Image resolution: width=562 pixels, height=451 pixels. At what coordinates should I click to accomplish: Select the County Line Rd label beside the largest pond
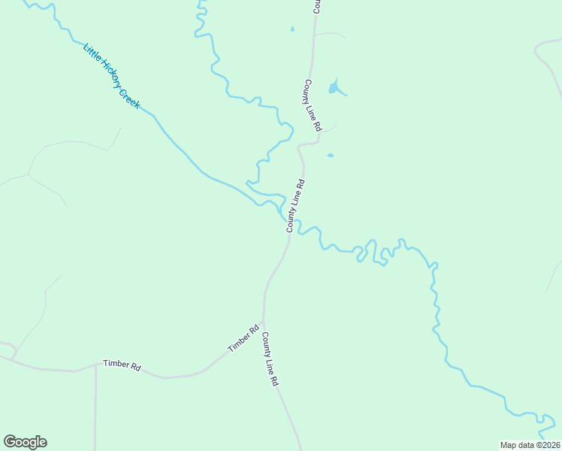(313, 106)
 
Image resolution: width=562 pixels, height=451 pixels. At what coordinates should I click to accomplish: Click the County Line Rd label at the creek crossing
(295, 205)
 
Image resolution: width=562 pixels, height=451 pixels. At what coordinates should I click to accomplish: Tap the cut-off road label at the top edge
(317, 6)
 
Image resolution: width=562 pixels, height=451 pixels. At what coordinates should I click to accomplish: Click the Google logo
(25, 442)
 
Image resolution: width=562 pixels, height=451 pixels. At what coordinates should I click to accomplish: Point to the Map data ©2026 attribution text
(530, 444)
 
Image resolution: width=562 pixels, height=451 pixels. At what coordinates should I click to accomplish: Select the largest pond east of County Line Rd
(334, 88)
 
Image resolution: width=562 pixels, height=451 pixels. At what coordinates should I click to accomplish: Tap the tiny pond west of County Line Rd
(292, 29)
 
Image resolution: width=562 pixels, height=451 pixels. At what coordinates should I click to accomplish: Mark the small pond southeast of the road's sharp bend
(330, 156)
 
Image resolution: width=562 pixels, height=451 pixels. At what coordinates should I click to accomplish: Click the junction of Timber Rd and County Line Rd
(263, 321)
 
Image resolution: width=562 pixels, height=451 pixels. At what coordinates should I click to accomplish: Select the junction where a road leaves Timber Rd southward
(95, 365)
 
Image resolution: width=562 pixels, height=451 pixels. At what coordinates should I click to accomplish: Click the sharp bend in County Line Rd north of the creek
(300, 144)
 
